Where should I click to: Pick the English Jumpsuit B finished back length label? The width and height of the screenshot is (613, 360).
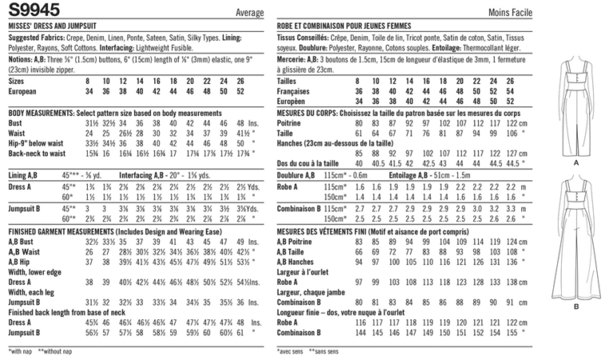(28, 331)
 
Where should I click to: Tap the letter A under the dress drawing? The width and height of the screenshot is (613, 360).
(575, 161)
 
